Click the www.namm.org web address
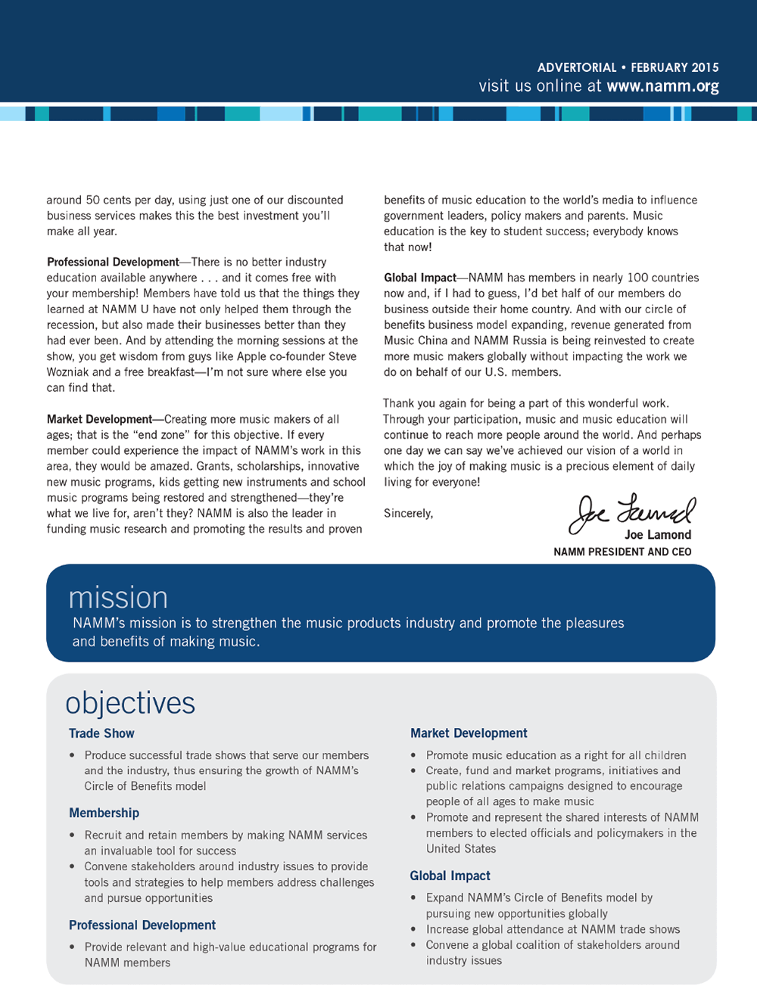[662, 86]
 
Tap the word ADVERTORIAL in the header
[577, 67]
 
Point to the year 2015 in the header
[705, 67]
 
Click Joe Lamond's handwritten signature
[632, 512]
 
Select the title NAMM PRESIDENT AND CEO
[622, 552]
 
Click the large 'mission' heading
[118, 598]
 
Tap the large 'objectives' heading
[130, 703]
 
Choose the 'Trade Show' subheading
[101, 733]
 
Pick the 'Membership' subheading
[104, 813]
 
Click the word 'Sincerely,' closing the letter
[409, 513]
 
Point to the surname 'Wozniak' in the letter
[69, 372]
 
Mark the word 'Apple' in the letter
[252, 356]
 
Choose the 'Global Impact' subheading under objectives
[450, 875]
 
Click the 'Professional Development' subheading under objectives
[142, 925]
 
